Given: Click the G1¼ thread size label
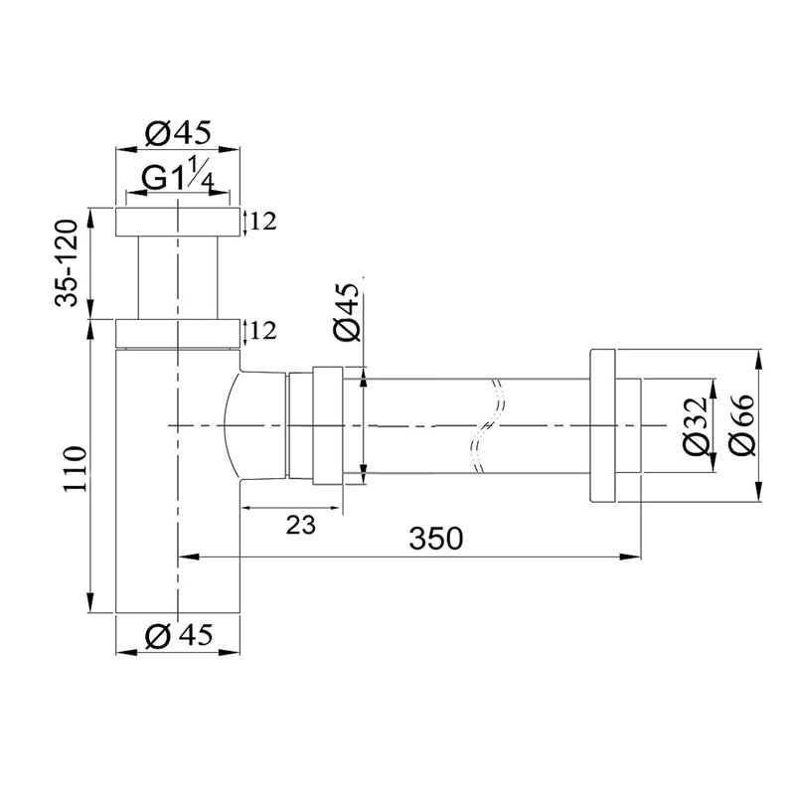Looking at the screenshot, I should pos(179,179).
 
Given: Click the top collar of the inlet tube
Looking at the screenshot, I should pos(179,222).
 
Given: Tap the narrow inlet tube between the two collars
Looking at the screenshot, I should pos(179,275).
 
